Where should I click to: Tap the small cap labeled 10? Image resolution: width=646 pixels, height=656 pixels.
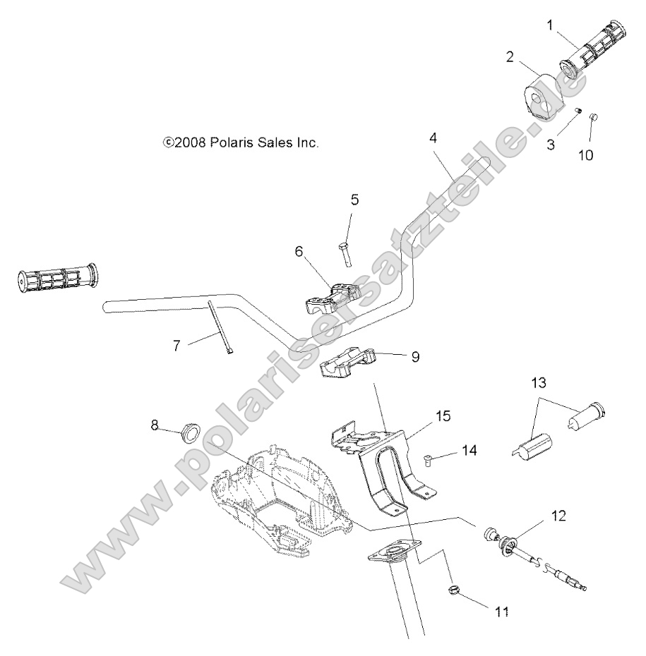593,117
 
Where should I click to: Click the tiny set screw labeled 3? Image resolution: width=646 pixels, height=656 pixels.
577,111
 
